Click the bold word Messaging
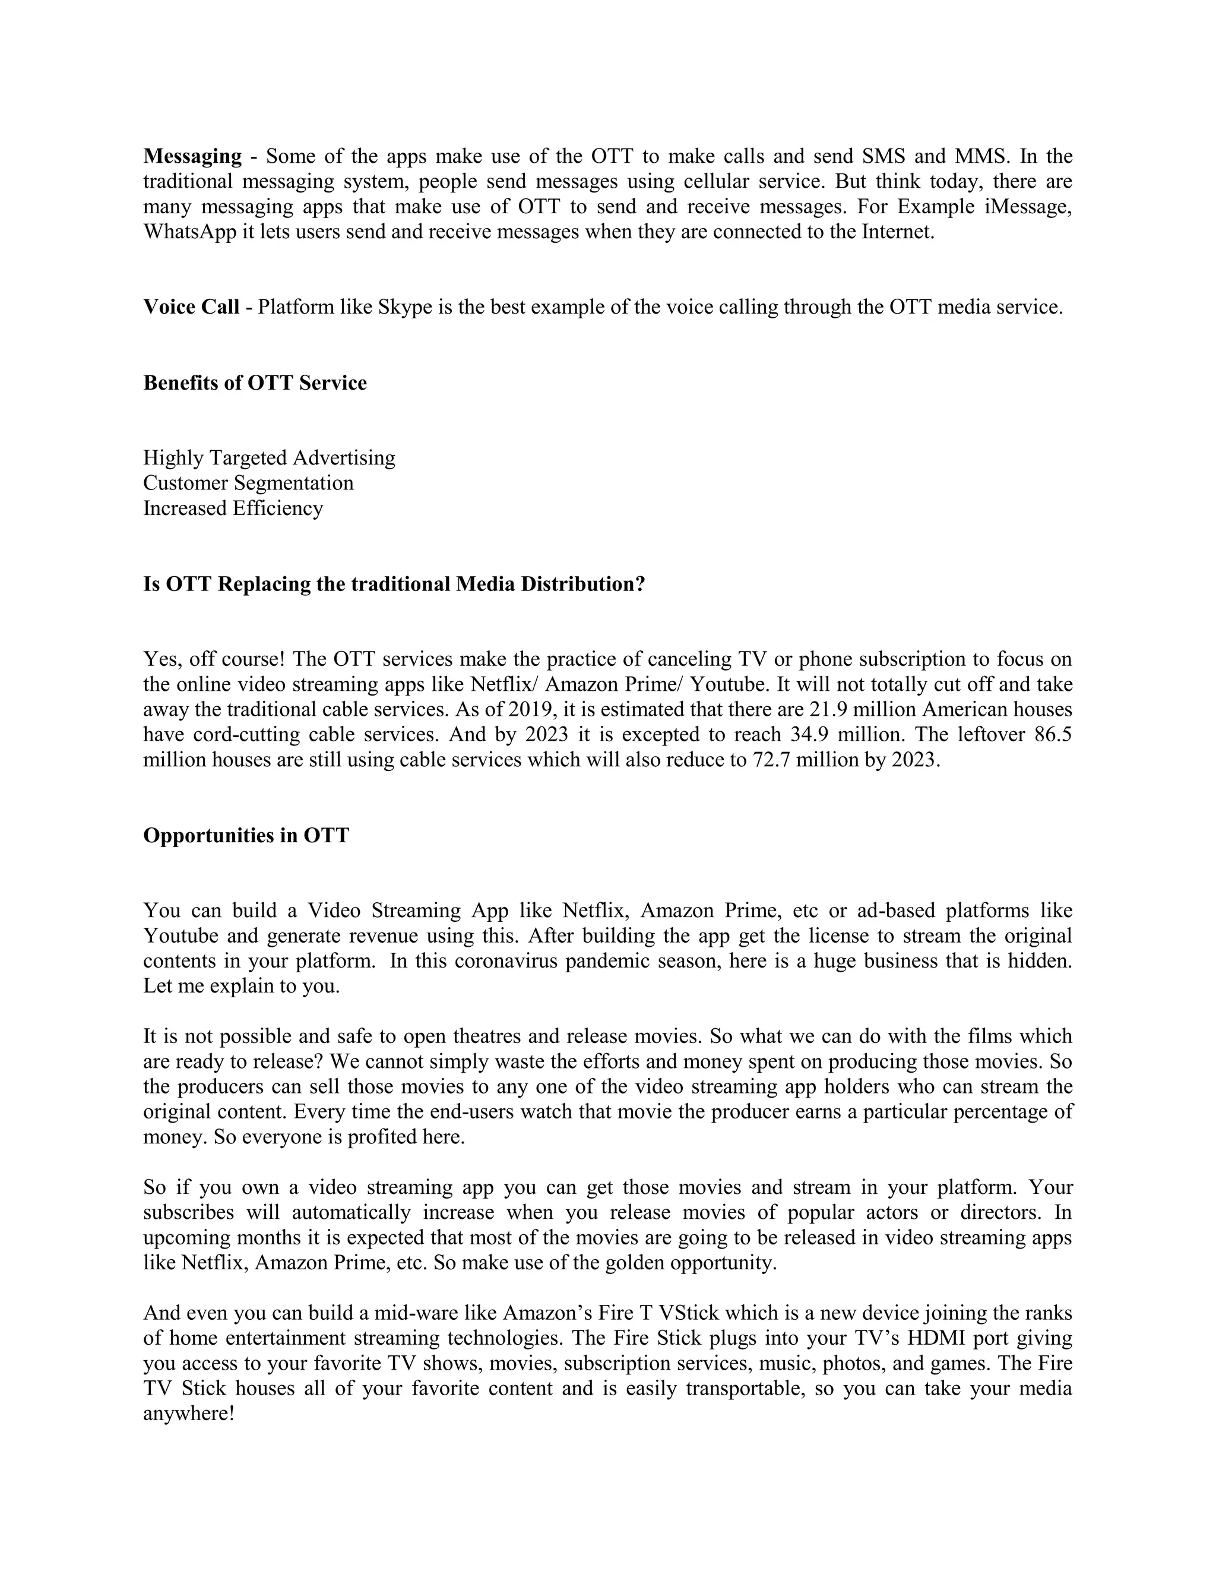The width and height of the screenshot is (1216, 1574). tap(192, 156)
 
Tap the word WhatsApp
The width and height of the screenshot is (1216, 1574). tap(190, 232)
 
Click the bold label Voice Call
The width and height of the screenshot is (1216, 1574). tap(191, 307)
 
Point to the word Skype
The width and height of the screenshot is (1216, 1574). tap(405, 307)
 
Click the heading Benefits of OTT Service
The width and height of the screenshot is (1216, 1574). tap(255, 383)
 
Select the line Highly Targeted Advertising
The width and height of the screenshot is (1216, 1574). tap(270, 457)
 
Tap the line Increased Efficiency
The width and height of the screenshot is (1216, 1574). tap(233, 508)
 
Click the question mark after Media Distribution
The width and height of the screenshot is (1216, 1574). tap(639, 584)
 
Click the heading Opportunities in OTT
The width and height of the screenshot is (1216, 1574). tap(246, 835)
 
